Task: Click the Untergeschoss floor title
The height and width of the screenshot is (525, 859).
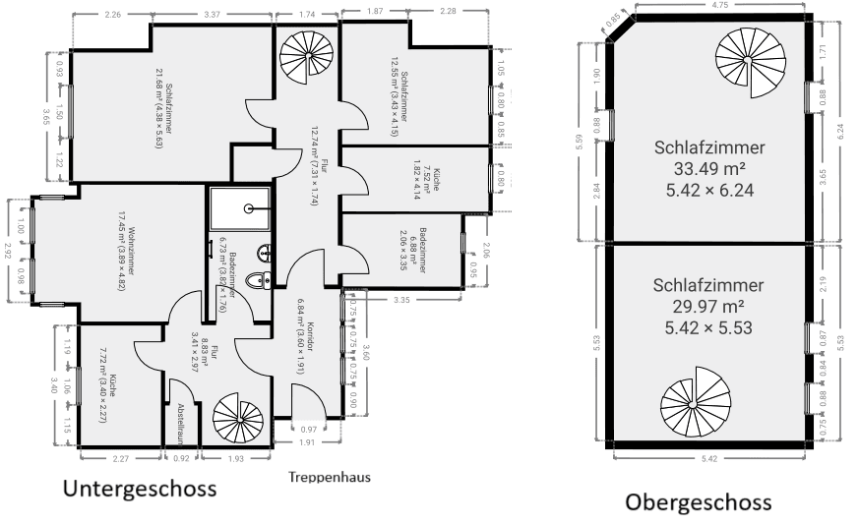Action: click(140, 488)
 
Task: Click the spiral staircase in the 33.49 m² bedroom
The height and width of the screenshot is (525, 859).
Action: click(747, 61)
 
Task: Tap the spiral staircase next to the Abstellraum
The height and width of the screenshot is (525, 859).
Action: click(238, 421)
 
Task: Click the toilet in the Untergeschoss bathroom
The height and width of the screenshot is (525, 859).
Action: click(257, 280)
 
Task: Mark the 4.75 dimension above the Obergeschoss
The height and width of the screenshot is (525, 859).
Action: click(722, 6)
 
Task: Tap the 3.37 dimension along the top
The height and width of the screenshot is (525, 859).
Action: click(212, 15)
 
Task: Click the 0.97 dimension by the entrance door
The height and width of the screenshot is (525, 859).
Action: click(308, 429)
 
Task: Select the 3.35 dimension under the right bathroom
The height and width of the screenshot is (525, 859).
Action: click(400, 298)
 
